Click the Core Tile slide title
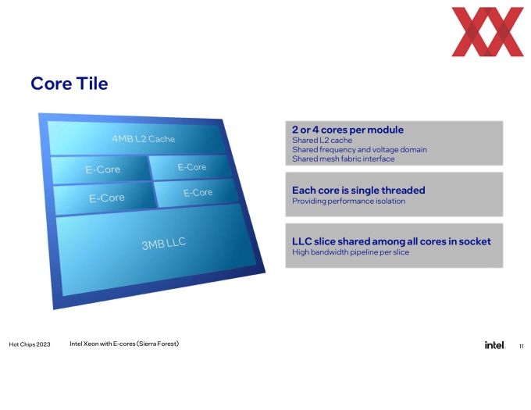click(69, 84)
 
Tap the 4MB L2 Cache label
click(143, 139)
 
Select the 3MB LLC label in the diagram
click(164, 244)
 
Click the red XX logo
click(487, 31)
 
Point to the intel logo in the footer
click(495, 345)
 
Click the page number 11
click(521, 346)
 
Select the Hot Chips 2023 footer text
click(30, 344)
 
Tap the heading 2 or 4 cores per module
click(347, 130)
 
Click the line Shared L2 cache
click(322, 140)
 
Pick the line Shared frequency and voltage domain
click(360, 150)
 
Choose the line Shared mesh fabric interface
click(344, 159)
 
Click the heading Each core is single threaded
click(358, 191)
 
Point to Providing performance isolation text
click(349, 201)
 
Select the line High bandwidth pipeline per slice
click(351, 252)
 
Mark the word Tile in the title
click(92, 84)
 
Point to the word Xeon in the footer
click(91, 344)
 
